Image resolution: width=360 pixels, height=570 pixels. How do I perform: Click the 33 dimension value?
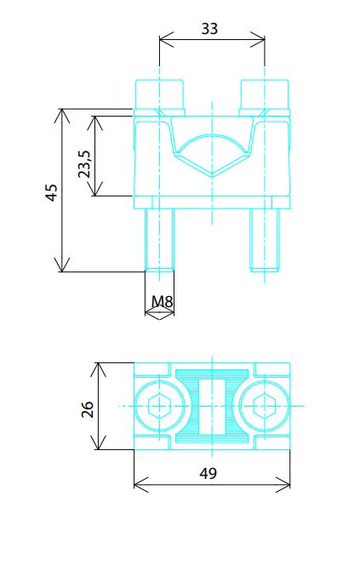coord(209,28)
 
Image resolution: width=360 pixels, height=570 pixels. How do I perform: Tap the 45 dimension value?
coord(51,192)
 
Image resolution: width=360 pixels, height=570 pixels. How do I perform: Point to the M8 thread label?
coord(163,301)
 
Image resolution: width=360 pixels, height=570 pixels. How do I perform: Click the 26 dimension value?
coord(88,409)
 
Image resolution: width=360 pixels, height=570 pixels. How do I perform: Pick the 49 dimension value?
coord(209,473)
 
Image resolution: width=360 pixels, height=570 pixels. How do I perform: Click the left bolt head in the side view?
coord(159,94)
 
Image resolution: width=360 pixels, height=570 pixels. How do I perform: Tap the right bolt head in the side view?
coord(265,94)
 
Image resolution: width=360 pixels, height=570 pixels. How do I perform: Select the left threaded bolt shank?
coord(160,240)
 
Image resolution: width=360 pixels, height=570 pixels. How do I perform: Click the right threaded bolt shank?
coord(265,240)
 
